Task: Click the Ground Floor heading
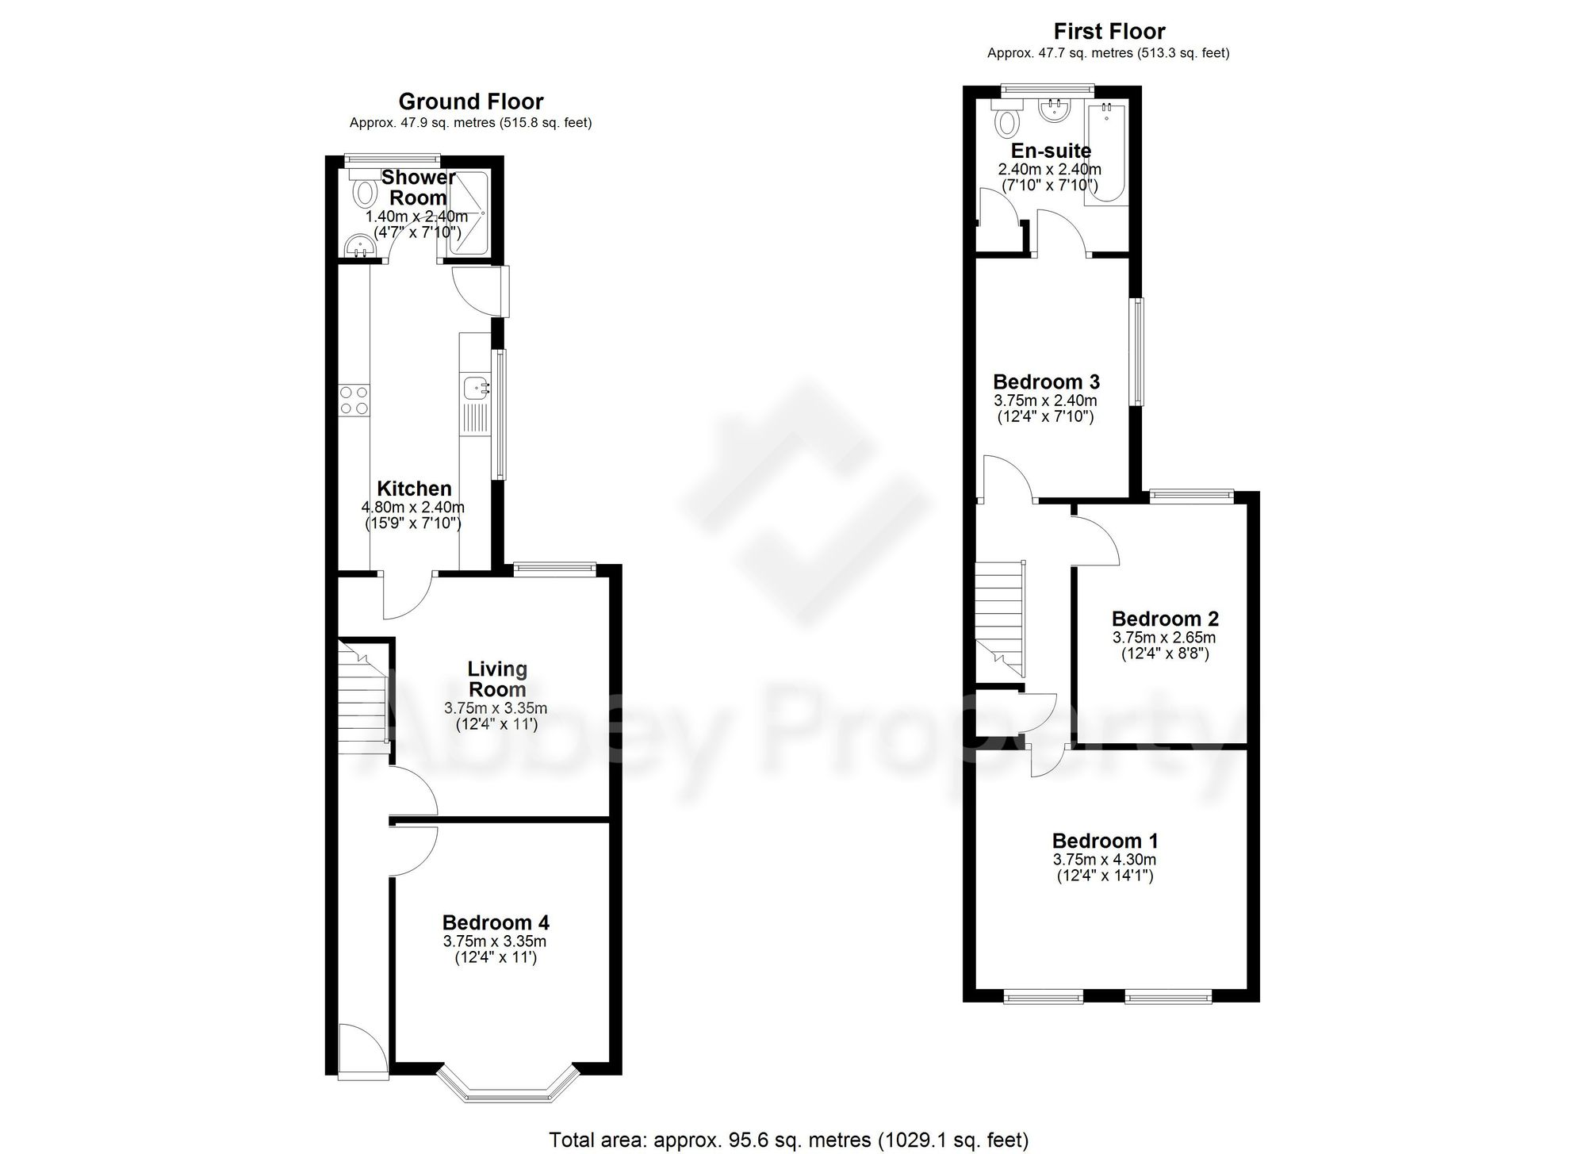470,102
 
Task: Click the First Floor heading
1109,32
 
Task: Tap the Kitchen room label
414,489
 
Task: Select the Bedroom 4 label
496,922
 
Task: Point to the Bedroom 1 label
1105,841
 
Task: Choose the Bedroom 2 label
1164,619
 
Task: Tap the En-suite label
1051,151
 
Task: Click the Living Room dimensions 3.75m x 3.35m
496,708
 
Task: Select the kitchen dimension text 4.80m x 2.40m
413,508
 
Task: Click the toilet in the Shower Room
365,190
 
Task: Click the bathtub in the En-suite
1106,155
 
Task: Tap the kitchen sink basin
475,389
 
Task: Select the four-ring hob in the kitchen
354,400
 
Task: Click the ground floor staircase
362,698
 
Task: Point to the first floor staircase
999,619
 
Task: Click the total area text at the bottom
789,1141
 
